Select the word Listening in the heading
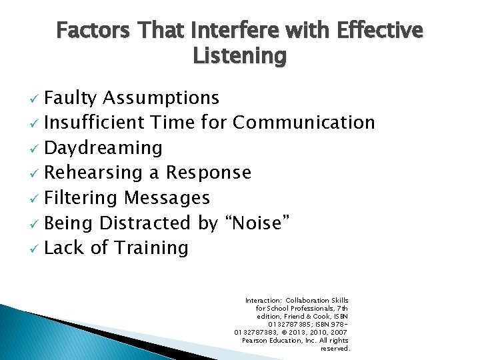[239, 56]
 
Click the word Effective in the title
[380, 31]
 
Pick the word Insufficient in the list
[94, 123]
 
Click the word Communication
[304, 123]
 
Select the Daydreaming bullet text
[103, 148]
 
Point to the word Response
[209, 173]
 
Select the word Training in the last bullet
[151, 248]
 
